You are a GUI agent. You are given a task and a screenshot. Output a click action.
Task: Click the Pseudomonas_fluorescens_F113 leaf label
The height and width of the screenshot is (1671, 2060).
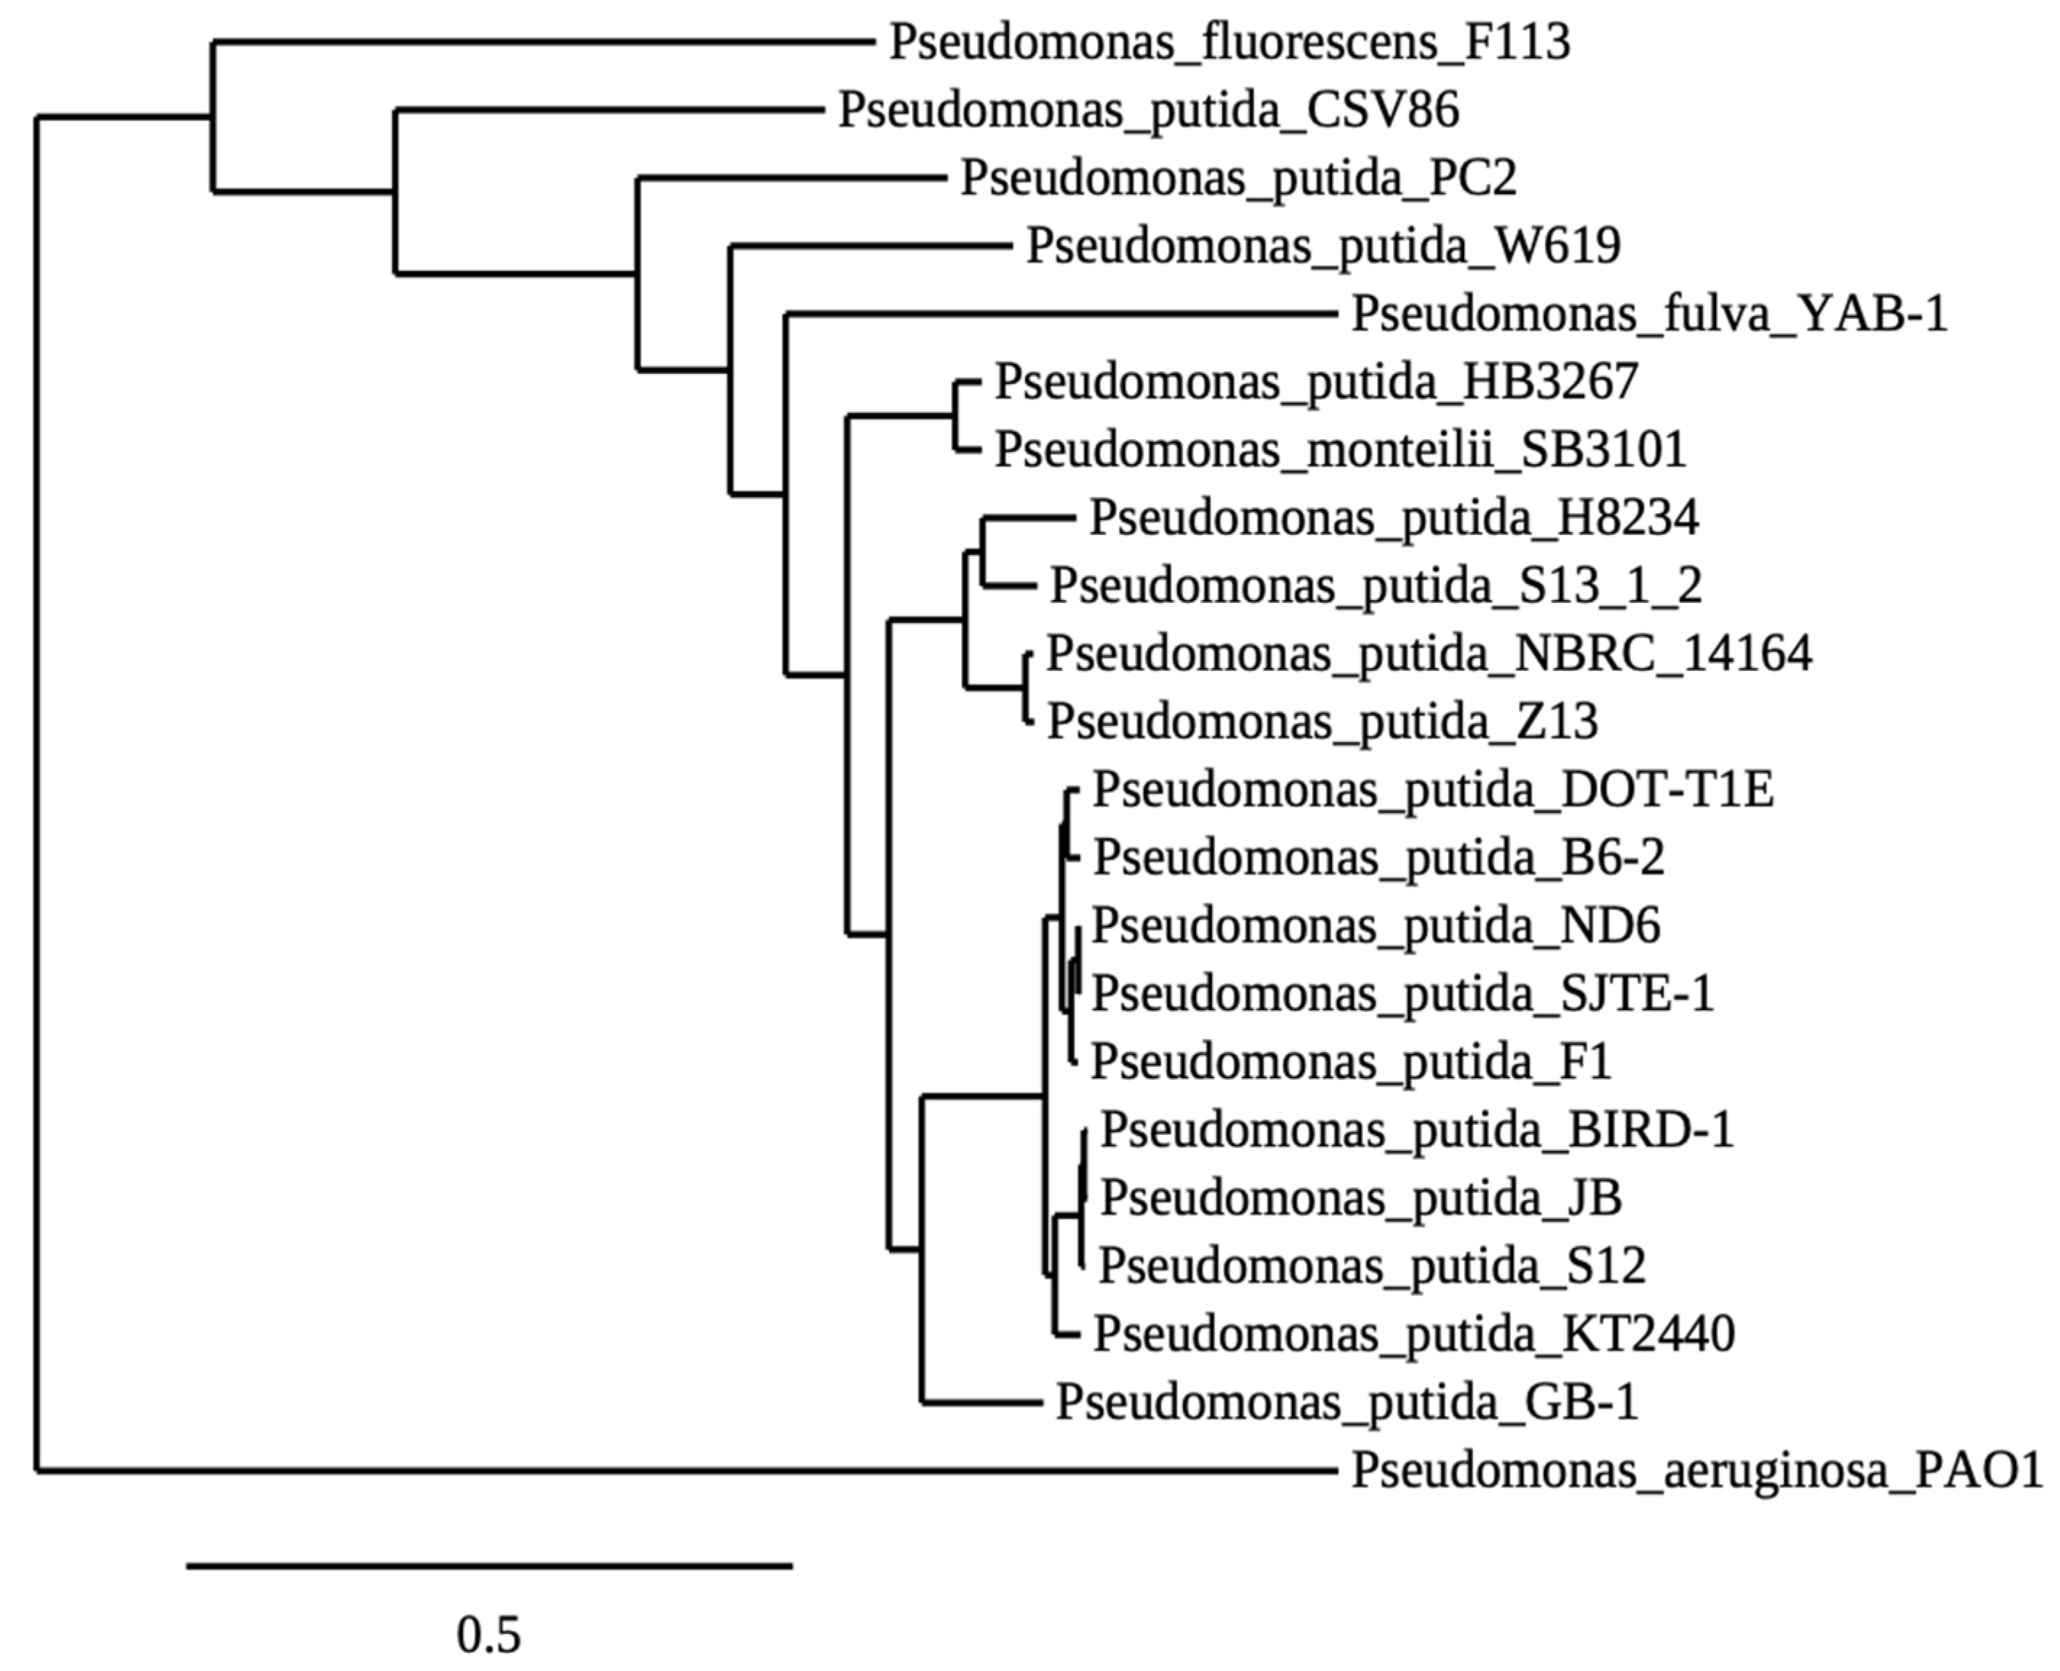tap(1228, 42)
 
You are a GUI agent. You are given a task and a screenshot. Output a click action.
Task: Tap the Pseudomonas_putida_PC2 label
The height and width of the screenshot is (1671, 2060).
tap(1239, 178)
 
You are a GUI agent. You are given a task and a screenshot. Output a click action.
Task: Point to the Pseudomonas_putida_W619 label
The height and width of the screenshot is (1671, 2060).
tap(1323, 246)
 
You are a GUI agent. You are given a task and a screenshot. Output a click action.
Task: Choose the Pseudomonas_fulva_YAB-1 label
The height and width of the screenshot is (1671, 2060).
tap(1649, 314)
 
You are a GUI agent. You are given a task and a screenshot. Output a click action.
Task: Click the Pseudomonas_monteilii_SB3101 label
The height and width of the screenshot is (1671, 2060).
tap(1340, 449)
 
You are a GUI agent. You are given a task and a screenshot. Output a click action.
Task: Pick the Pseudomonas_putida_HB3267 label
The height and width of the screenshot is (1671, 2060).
tap(1315, 382)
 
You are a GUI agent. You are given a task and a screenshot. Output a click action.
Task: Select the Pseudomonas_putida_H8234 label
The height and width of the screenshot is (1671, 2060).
tap(1393, 518)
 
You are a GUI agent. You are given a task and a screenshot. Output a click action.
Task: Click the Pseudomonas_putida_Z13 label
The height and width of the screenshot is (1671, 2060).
tap(1322, 722)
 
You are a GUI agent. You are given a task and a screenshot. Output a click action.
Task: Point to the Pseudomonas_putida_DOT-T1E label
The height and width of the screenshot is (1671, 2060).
tap(1433, 791)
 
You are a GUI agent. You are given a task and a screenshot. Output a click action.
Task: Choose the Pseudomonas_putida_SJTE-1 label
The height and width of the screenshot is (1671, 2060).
tap(1402, 993)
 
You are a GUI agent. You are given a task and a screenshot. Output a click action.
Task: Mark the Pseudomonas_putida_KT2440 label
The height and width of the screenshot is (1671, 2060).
tap(1413, 1334)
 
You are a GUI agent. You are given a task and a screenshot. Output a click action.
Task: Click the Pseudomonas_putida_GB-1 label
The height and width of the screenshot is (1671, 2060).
tap(1346, 1402)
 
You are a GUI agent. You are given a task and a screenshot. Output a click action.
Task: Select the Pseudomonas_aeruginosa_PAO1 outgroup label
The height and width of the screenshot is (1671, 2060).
tap(1696, 1471)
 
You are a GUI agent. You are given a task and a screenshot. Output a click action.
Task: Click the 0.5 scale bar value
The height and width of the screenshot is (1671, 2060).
tap(489, 1635)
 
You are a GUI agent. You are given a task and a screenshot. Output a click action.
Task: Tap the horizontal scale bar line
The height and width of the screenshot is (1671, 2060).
tap(489, 1566)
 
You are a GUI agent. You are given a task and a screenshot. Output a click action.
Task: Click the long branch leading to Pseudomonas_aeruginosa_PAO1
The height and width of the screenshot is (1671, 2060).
tap(674, 1471)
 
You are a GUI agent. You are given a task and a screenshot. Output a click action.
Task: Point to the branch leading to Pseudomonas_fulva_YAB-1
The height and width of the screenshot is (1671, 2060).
tap(1058, 314)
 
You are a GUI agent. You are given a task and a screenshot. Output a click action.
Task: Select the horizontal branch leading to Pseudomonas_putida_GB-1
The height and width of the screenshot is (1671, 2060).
tap(981, 1402)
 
